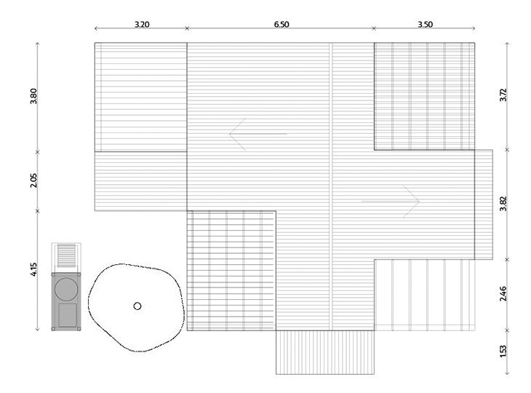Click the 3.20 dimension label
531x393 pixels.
pyautogui.click(x=142, y=25)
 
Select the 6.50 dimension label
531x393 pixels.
pyautogui.click(x=282, y=25)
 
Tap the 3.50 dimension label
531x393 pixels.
pyautogui.click(x=425, y=25)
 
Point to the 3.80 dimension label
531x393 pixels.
pyautogui.click(x=33, y=96)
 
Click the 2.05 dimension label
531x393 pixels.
pyautogui.click(x=33, y=180)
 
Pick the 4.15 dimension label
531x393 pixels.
pyautogui.click(x=33, y=269)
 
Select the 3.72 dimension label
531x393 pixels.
pyautogui.click(x=503, y=95)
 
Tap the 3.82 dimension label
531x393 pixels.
pyautogui.click(x=503, y=204)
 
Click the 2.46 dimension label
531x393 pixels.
pyautogui.click(x=503, y=294)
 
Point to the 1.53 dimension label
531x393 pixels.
pyautogui.click(x=503, y=351)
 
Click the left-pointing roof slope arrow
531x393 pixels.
pyautogui.click(x=258, y=134)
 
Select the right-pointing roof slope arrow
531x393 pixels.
pyautogui.click(x=391, y=202)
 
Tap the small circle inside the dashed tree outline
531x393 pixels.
pyautogui.click(x=137, y=306)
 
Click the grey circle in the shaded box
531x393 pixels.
pyautogui.click(x=66, y=290)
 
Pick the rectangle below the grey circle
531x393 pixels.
pyautogui.click(x=68, y=315)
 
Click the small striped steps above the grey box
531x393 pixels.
pyautogui.click(x=66, y=255)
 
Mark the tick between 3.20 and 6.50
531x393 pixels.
pyautogui.click(x=187, y=28)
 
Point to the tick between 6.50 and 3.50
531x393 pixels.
pyautogui.click(x=374, y=28)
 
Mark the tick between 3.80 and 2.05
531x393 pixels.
pyautogui.click(x=38, y=152)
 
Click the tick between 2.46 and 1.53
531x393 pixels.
pyautogui.click(x=507, y=330)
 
